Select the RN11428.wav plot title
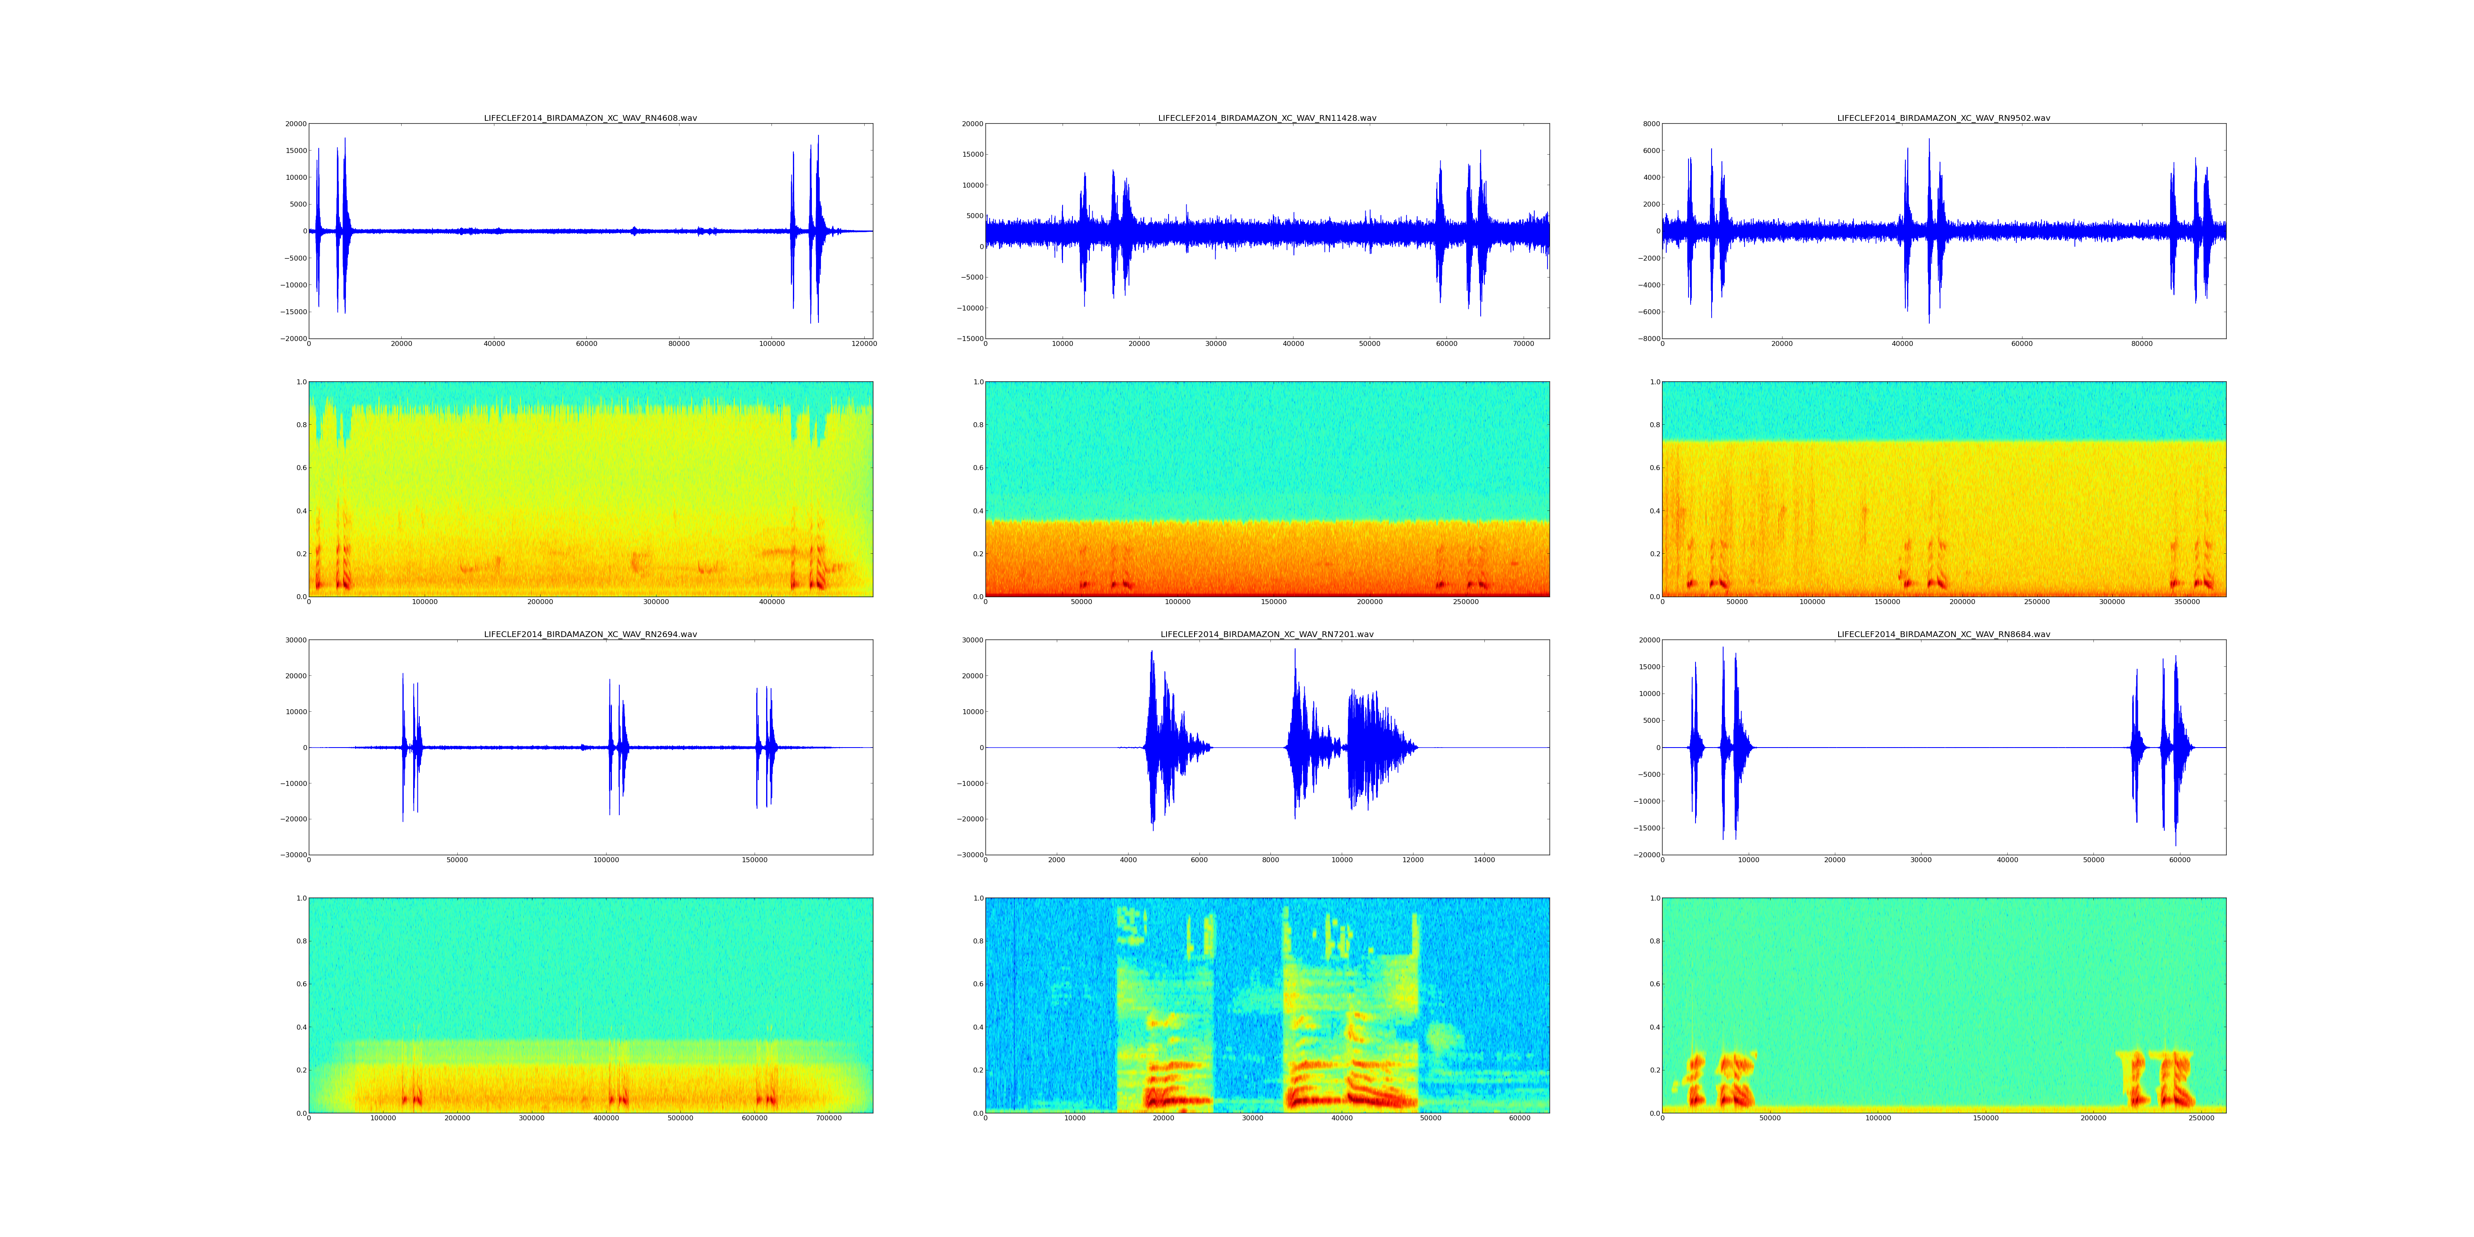[1267, 118]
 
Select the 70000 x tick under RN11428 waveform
[1524, 344]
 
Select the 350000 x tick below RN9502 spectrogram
[2187, 602]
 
